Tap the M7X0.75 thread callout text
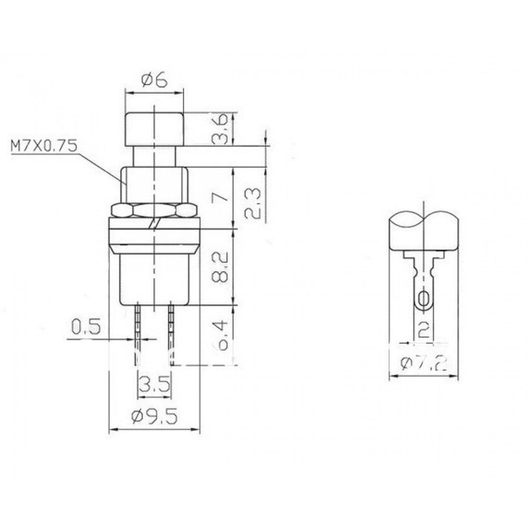pyautogui.click(x=43, y=146)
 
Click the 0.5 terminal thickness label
pyautogui.click(x=86, y=327)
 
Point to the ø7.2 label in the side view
pyautogui.click(x=423, y=363)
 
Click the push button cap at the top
pyautogui.click(x=154, y=129)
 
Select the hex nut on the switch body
pyautogui.click(x=154, y=211)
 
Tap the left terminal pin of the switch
pyautogui.click(x=138, y=332)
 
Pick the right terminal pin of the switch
pyautogui.click(x=171, y=332)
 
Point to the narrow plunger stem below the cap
pyautogui.click(x=154, y=157)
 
